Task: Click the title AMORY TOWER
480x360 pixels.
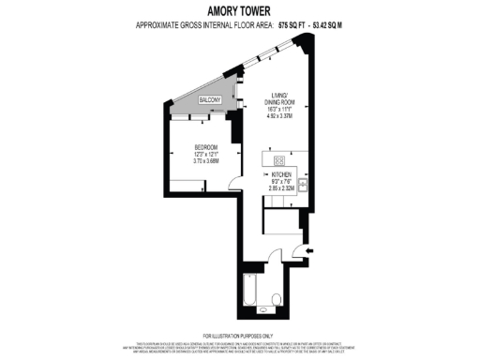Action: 240,10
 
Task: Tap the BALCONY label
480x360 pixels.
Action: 210,99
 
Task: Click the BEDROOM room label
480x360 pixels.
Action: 207,147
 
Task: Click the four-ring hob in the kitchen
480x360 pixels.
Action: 279,159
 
